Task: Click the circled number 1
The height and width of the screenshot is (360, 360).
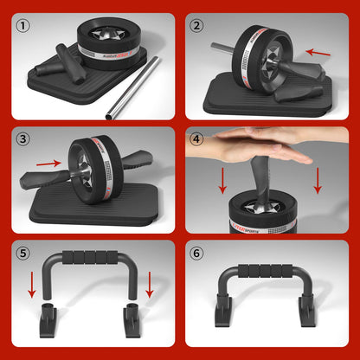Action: (x=23, y=25)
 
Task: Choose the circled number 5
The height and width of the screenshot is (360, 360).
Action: (x=23, y=254)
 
